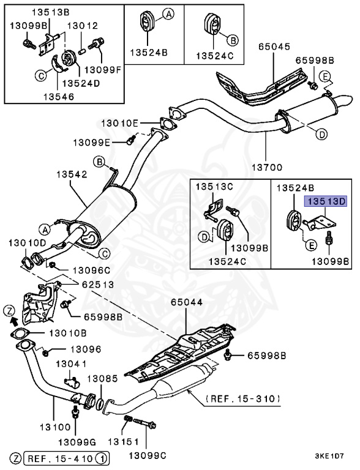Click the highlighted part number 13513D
click(326, 201)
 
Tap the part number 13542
click(72, 174)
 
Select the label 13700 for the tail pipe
click(267, 167)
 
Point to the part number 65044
click(187, 302)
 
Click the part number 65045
click(274, 47)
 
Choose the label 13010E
click(120, 123)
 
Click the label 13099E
click(91, 143)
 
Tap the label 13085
click(103, 379)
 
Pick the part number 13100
click(55, 427)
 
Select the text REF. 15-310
click(242, 398)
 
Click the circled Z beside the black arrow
click(9, 311)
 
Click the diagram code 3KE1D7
click(329, 456)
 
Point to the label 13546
click(59, 97)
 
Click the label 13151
click(123, 442)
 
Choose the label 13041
click(72, 364)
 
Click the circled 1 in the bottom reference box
click(101, 458)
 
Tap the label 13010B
click(68, 333)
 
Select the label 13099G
click(77, 442)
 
